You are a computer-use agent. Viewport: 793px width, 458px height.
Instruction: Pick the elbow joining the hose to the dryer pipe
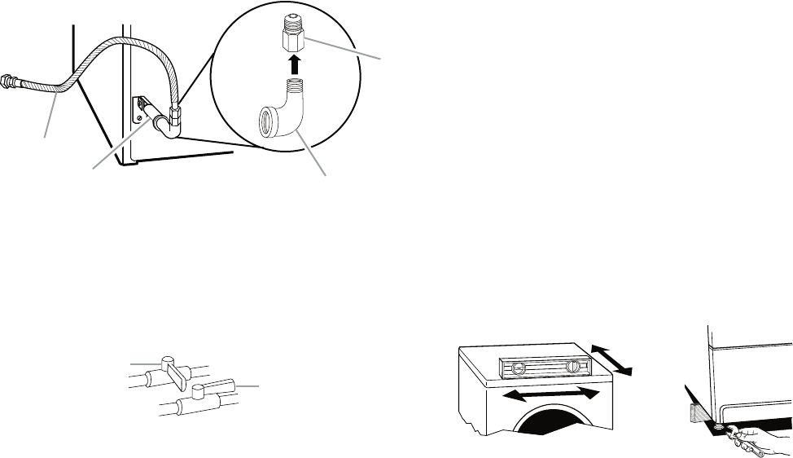(x=170, y=123)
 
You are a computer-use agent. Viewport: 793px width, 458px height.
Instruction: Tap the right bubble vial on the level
(x=577, y=367)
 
